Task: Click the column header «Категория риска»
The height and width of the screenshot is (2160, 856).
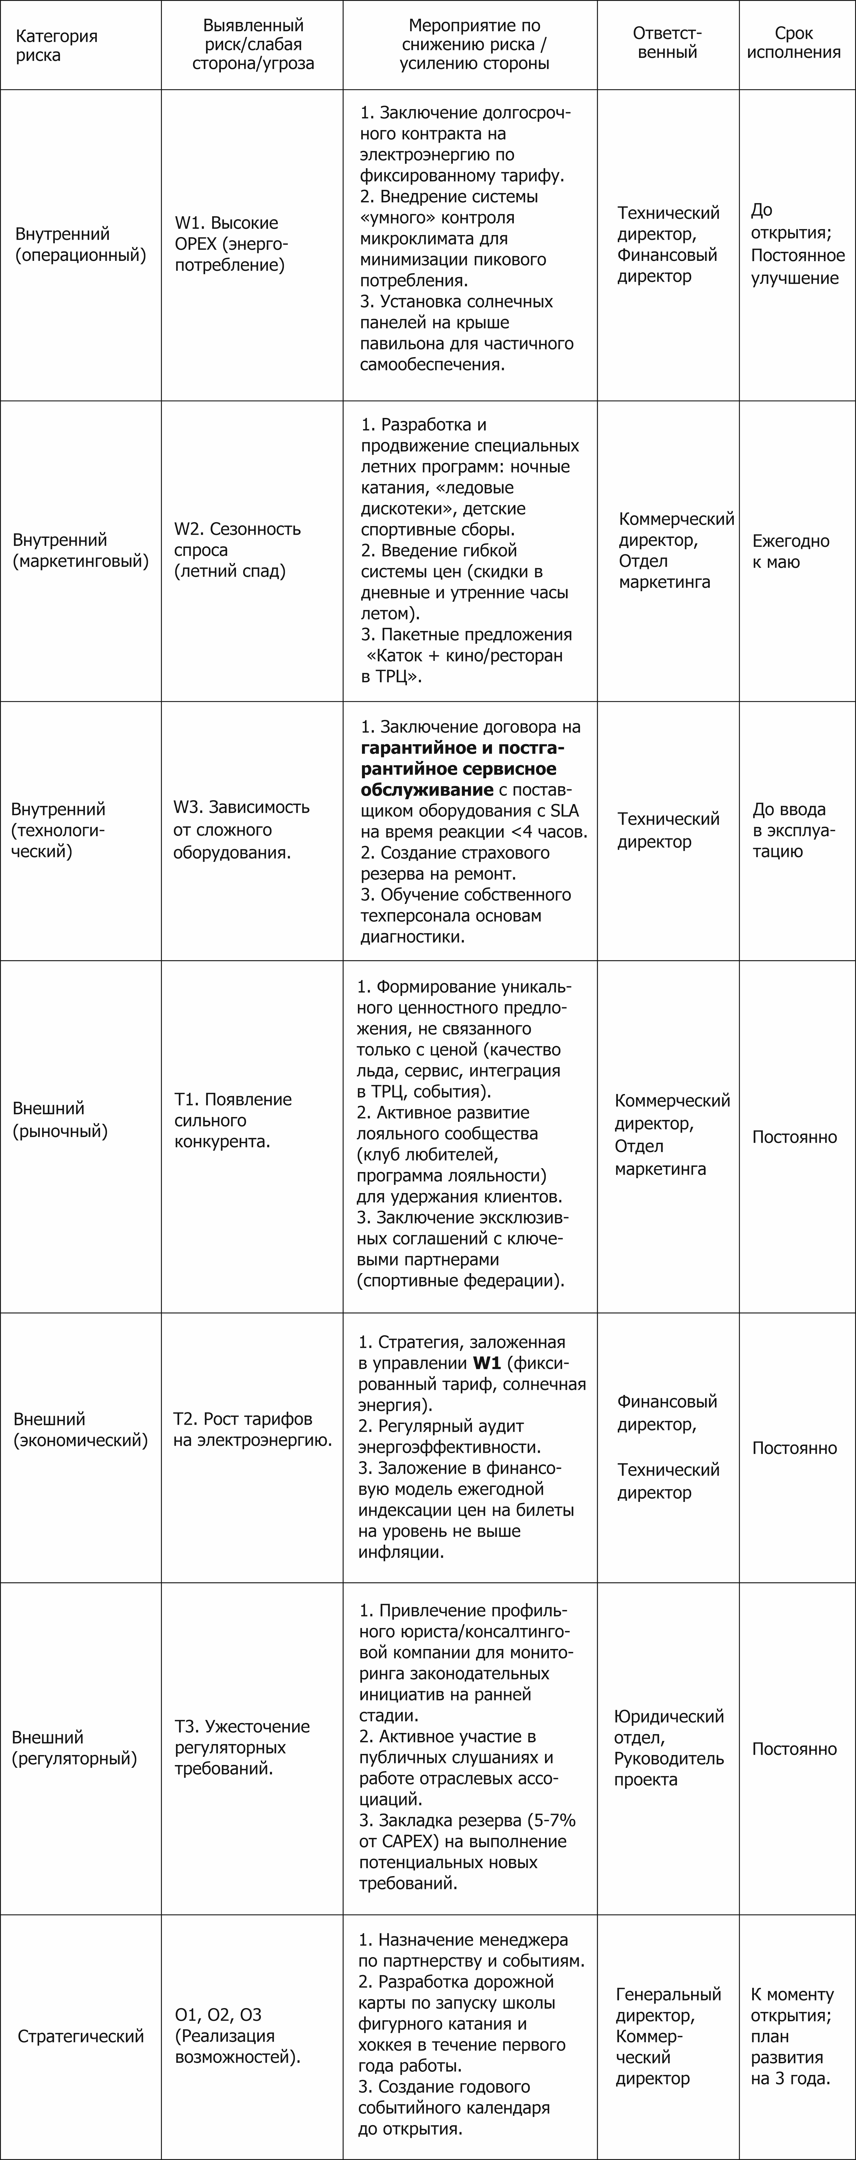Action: point(56,45)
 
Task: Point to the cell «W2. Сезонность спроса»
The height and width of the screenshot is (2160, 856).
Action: point(237,550)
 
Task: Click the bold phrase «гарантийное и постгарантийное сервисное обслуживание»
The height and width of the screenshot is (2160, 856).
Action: point(461,769)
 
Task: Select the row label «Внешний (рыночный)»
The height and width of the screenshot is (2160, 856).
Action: point(60,1119)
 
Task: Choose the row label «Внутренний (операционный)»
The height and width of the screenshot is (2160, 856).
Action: point(81,244)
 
